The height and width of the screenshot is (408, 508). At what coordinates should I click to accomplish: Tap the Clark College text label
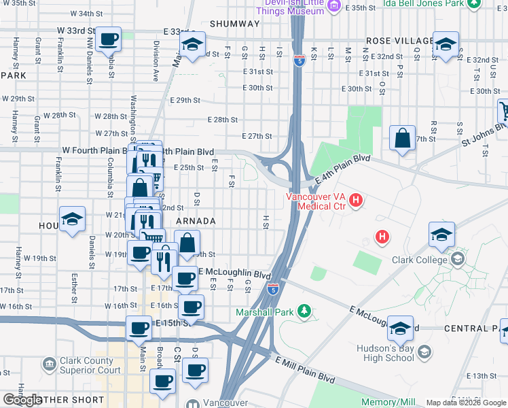tap(419, 259)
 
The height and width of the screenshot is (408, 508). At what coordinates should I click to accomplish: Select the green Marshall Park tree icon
tap(306, 312)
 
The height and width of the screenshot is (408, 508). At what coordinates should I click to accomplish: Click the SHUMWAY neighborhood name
tap(234, 24)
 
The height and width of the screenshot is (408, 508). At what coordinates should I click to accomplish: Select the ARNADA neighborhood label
tap(196, 222)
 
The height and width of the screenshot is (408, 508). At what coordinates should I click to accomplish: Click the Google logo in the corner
tap(22, 400)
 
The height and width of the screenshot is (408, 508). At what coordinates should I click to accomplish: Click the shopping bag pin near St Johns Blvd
tap(403, 138)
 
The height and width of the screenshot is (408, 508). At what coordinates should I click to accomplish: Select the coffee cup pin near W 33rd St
tap(108, 40)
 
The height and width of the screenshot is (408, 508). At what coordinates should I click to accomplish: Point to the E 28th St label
tap(222, 120)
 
